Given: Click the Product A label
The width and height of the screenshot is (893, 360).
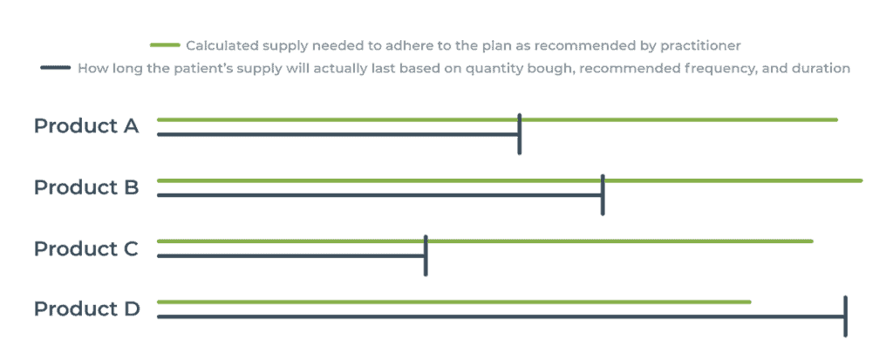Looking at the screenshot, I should (86, 126).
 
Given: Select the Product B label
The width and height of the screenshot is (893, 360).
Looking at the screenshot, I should (86, 187).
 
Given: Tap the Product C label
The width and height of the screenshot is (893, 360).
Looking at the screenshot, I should (86, 248).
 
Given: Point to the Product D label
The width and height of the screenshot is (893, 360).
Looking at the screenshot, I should (86, 309).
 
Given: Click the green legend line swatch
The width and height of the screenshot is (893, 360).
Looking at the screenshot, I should (165, 44).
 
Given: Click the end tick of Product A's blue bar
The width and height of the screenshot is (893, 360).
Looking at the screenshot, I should (520, 135).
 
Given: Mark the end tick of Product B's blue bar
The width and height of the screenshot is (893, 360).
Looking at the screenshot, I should (603, 196).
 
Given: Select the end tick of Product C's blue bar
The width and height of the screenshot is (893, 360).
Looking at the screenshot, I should (426, 256).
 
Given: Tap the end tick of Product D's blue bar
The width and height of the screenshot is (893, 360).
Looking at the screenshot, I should (845, 316).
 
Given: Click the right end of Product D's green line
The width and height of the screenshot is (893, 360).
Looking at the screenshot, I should (750, 302).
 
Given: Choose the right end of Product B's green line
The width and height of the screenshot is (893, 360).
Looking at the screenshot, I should (862, 180).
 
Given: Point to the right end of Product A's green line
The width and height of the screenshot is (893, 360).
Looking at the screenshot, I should (837, 119).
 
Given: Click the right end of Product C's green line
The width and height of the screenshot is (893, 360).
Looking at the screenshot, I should (813, 241).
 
